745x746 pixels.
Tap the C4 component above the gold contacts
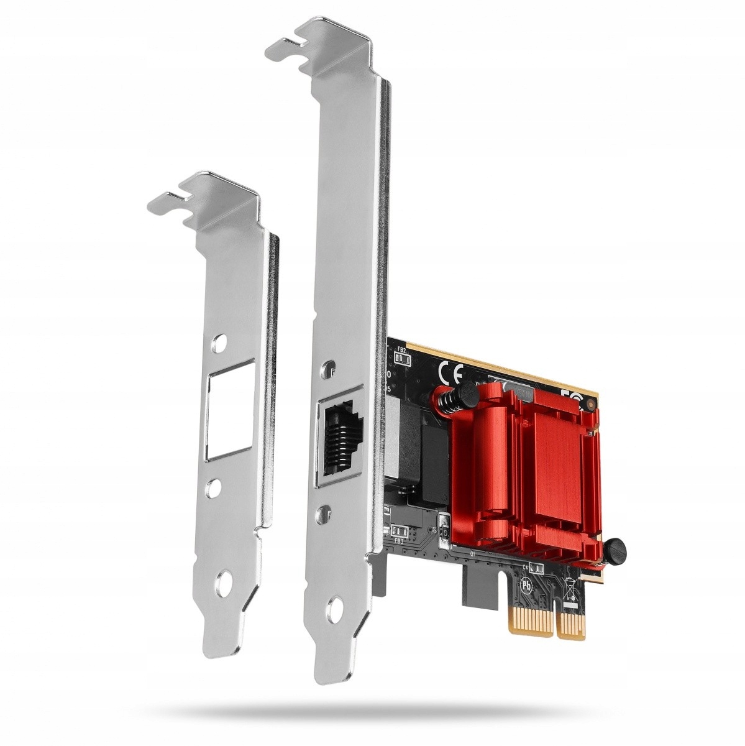point(535,568)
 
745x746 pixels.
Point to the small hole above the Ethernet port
point(327,371)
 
